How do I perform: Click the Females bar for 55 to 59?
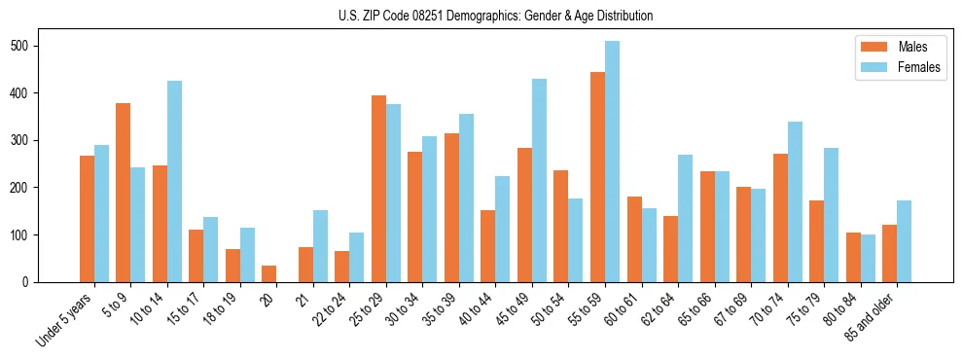(x=612, y=162)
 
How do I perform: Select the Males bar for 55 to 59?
(x=597, y=177)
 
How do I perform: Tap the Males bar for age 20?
(x=269, y=273)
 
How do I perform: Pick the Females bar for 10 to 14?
(x=174, y=181)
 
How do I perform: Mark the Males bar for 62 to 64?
(x=670, y=249)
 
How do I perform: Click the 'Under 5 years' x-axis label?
(x=66, y=319)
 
